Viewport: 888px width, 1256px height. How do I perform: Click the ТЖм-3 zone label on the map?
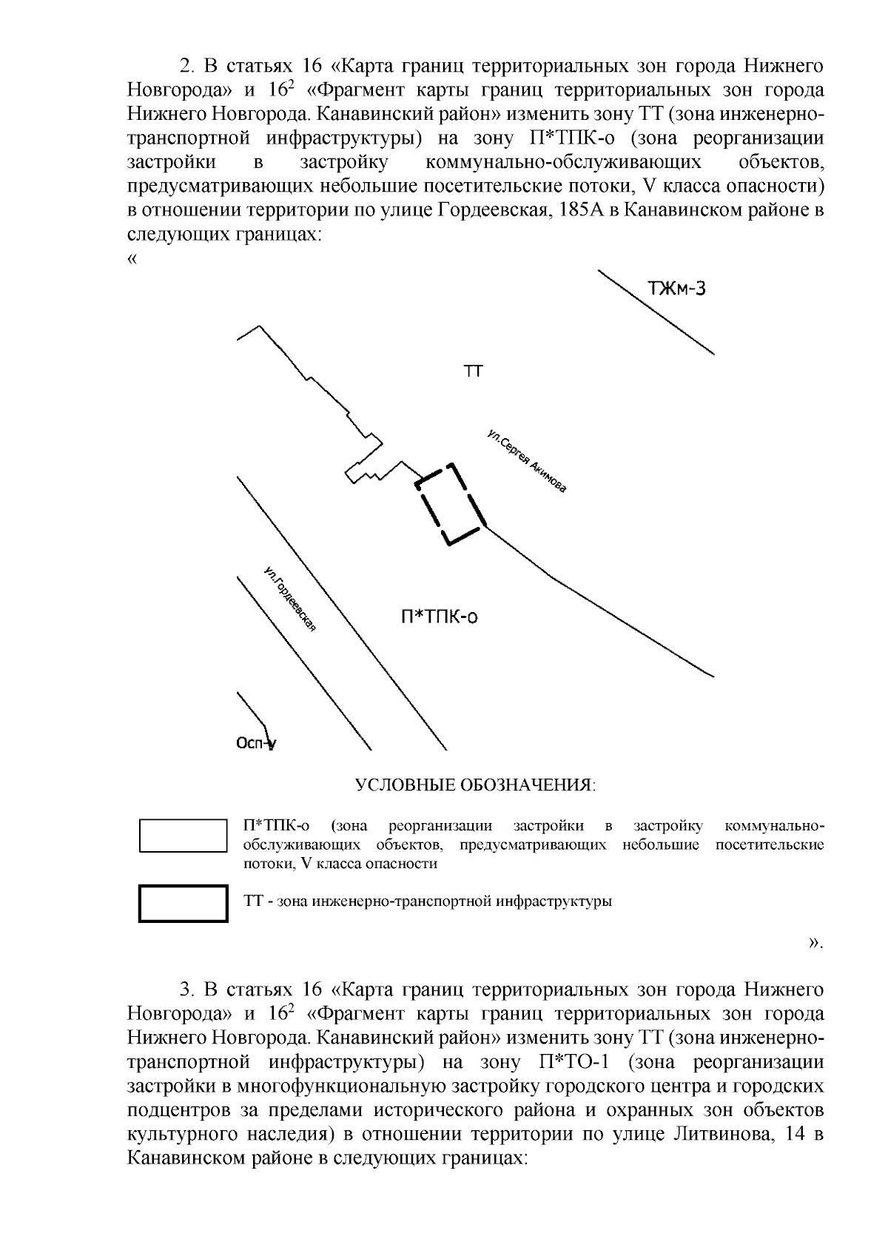click(x=677, y=289)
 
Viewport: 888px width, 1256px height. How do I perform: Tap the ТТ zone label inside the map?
click(x=473, y=372)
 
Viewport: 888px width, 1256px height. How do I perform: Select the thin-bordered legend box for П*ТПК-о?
click(x=183, y=836)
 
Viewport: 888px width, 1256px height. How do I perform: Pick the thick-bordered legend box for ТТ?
click(x=183, y=903)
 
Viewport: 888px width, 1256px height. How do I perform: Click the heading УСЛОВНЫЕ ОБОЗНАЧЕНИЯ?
click(x=476, y=785)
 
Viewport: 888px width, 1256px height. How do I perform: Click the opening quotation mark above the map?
click(x=133, y=259)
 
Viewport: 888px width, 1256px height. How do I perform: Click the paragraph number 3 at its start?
click(x=185, y=990)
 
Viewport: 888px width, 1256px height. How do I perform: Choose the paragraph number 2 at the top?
click(x=185, y=67)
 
